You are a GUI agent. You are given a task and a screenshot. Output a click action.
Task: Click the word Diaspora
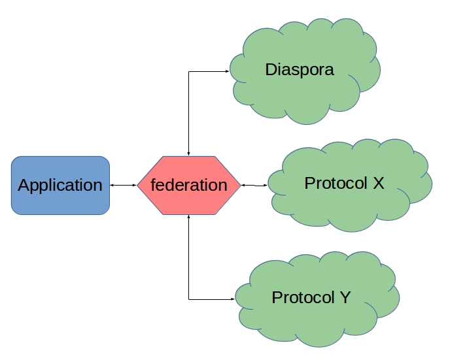(300, 69)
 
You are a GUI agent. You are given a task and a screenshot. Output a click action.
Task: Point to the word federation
(188, 185)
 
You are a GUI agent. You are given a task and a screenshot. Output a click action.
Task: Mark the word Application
(60, 185)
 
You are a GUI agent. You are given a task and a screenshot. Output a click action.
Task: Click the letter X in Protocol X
(377, 183)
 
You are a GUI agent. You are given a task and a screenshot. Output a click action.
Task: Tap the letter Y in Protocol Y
(344, 297)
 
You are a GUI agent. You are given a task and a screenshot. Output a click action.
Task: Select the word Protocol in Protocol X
(336, 184)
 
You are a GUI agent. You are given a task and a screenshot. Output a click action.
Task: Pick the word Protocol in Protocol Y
(303, 298)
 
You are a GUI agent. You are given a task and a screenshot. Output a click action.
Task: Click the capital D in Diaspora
(271, 69)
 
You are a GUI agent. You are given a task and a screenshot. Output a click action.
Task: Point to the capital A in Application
(24, 185)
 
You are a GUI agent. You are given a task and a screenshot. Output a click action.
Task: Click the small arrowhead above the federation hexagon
(188, 154)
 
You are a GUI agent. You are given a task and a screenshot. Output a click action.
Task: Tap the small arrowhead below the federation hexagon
(188, 216)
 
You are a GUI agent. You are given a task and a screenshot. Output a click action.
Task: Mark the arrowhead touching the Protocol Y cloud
(233, 299)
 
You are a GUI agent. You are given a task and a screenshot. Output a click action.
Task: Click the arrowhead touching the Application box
(112, 186)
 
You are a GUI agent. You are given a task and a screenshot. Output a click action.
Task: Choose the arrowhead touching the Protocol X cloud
(265, 186)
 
